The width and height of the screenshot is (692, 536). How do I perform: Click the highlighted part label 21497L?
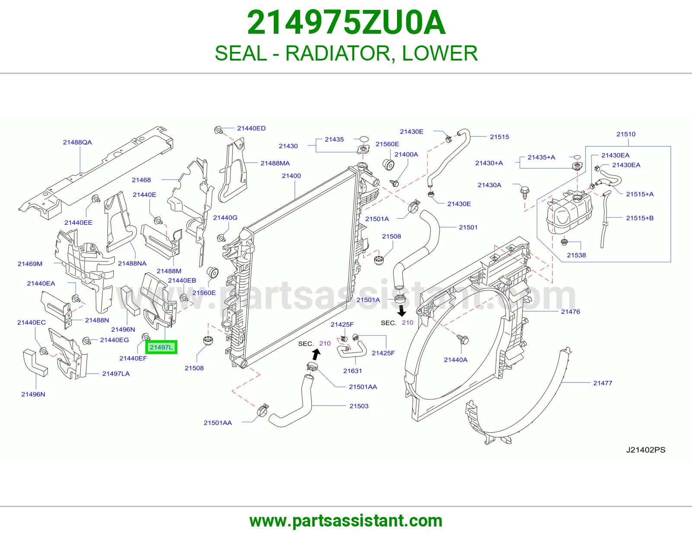(161, 347)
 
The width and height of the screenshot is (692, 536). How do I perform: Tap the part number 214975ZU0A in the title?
(346, 22)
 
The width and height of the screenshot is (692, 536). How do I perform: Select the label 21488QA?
(77, 142)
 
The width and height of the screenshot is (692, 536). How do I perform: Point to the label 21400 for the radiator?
(292, 175)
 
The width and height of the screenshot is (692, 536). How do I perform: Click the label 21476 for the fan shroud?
(570, 312)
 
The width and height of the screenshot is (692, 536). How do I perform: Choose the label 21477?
(602, 383)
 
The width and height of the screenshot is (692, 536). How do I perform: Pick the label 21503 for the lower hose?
(359, 406)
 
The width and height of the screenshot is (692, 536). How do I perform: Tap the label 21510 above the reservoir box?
(626, 134)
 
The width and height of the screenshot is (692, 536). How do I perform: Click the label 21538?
(577, 255)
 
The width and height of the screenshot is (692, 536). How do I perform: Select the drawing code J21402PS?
(646, 450)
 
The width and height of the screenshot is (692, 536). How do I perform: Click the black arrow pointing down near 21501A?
(402, 311)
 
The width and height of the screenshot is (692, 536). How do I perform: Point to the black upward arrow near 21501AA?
(316, 354)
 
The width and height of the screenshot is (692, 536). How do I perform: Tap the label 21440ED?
(251, 128)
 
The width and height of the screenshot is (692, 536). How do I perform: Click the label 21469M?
(30, 264)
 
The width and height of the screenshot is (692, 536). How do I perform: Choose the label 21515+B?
(640, 218)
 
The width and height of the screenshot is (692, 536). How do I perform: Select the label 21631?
(352, 371)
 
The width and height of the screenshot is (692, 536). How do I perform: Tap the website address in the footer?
(346, 521)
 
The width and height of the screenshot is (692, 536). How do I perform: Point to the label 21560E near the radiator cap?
(387, 144)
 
